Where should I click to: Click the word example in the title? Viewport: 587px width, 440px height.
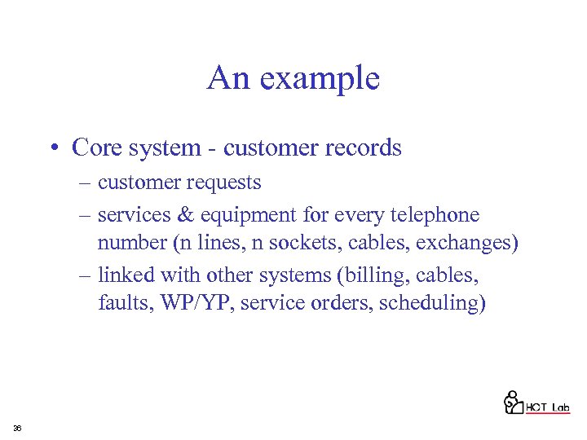coord(319,79)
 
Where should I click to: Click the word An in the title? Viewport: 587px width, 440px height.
coord(227,78)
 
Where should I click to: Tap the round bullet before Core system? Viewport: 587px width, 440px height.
coord(53,148)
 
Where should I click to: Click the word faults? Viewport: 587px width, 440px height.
coord(120,303)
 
